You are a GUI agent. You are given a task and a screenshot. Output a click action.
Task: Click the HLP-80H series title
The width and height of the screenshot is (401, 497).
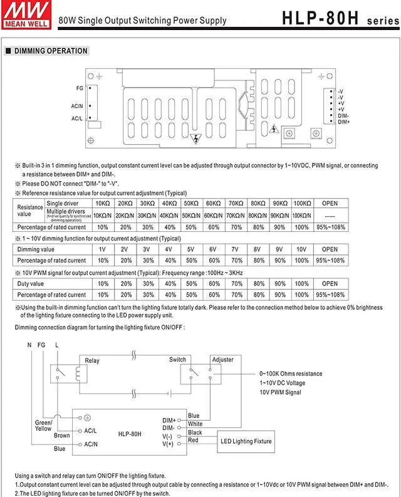click(339, 18)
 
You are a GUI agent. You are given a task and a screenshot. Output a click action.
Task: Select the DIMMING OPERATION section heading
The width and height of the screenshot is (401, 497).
click(51, 51)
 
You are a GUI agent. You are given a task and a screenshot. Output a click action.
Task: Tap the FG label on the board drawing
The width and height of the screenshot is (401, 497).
click(79, 88)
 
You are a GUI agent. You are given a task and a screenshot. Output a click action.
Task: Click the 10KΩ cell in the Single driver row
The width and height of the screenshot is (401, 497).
click(102, 204)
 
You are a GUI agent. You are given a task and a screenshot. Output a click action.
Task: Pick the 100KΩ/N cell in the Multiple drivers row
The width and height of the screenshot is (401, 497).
click(301, 215)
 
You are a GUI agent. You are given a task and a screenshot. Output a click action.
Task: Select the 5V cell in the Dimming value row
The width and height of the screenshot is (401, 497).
click(191, 249)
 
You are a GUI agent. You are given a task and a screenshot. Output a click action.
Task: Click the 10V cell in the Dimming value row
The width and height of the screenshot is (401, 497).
click(301, 249)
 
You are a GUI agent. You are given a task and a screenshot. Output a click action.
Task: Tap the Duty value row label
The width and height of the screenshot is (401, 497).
click(30, 283)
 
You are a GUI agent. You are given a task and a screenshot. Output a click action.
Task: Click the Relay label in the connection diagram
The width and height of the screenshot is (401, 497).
click(92, 360)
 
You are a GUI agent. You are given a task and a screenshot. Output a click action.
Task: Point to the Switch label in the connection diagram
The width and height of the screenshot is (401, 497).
click(177, 360)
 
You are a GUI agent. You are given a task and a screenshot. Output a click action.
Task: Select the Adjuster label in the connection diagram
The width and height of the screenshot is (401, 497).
click(223, 360)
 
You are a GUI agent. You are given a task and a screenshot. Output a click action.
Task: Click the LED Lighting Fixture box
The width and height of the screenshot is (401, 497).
click(246, 441)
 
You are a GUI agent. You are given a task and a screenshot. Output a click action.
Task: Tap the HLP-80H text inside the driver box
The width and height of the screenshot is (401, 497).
click(130, 434)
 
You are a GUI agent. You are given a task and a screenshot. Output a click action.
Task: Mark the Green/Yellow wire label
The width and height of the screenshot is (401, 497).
click(43, 426)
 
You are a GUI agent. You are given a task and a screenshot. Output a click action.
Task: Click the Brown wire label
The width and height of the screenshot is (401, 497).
click(62, 435)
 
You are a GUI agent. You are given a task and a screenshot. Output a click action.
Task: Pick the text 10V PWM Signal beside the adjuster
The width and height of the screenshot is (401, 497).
click(280, 392)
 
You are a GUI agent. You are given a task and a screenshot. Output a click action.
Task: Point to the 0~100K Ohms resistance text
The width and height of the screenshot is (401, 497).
click(291, 374)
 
